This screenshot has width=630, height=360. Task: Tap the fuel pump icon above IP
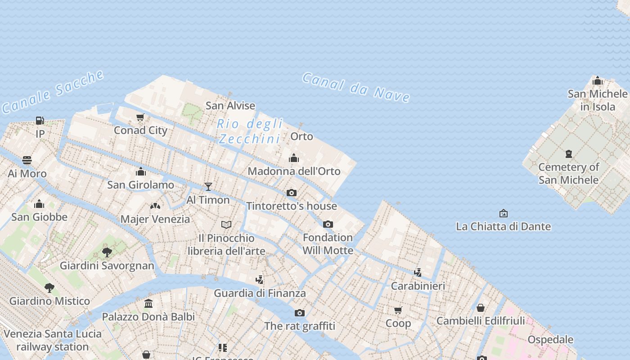click(40, 121)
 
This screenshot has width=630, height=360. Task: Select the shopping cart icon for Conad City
click(140, 117)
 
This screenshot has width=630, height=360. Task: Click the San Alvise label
click(230, 106)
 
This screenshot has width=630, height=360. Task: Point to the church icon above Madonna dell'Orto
click(294, 158)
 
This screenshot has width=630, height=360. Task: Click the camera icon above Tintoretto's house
click(292, 193)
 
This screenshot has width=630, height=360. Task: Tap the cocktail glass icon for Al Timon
click(208, 186)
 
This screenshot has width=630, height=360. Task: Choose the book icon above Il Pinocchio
click(226, 225)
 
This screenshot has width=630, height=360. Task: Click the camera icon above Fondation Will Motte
click(328, 224)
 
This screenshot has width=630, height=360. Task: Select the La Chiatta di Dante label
click(503, 226)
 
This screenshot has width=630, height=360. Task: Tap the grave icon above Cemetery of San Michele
click(569, 154)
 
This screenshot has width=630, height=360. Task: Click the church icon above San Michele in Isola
click(598, 81)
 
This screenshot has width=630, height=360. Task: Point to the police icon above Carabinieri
click(418, 272)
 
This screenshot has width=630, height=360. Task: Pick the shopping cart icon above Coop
click(398, 310)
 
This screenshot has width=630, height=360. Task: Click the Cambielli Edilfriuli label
click(481, 321)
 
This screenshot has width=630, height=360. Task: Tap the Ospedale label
click(550, 340)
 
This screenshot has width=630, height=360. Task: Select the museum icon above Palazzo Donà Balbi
click(148, 304)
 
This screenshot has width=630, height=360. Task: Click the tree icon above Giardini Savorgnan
click(107, 252)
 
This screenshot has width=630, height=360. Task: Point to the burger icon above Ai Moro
click(27, 160)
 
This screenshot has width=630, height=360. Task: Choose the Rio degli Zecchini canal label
click(250, 131)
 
